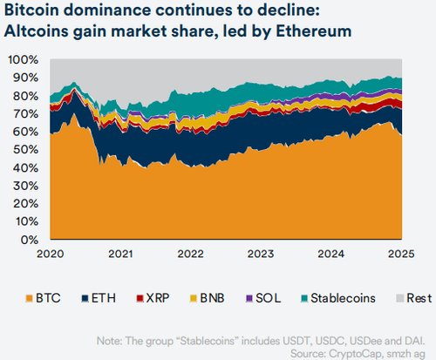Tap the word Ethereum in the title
point(315,32)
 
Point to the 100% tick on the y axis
point(24,60)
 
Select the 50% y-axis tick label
point(26,150)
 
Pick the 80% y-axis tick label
point(26,96)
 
